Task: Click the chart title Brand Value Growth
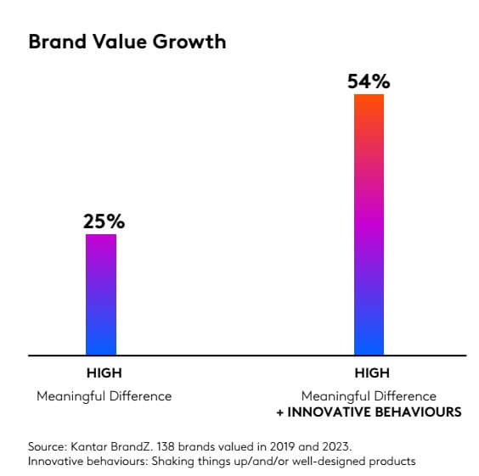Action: (127, 42)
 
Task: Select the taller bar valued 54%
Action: (369, 224)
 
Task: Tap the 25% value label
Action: (104, 221)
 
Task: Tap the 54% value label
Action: (369, 81)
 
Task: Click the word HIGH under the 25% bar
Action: (104, 373)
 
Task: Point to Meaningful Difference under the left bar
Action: (104, 396)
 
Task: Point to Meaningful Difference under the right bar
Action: (369, 396)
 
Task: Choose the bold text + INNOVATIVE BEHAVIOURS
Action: (369, 412)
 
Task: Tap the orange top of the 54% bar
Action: (369, 102)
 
